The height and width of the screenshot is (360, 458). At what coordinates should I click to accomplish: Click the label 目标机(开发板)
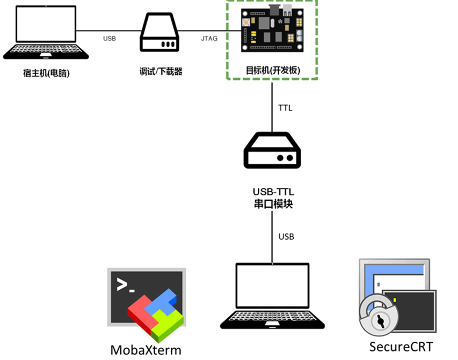(273, 70)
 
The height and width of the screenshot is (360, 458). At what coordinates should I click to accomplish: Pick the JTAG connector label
(209, 39)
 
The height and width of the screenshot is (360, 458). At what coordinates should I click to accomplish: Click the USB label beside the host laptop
(110, 39)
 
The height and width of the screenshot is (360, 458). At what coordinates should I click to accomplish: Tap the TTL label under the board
(285, 108)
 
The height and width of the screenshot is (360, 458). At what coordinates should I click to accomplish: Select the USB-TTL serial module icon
(272, 152)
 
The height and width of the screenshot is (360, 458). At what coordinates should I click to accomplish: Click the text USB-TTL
(272, 192)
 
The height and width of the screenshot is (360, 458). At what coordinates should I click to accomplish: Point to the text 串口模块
(272, 204)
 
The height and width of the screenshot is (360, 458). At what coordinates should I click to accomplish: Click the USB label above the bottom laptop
(286, 237)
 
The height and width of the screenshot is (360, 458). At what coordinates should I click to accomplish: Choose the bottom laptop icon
(272, 296)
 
